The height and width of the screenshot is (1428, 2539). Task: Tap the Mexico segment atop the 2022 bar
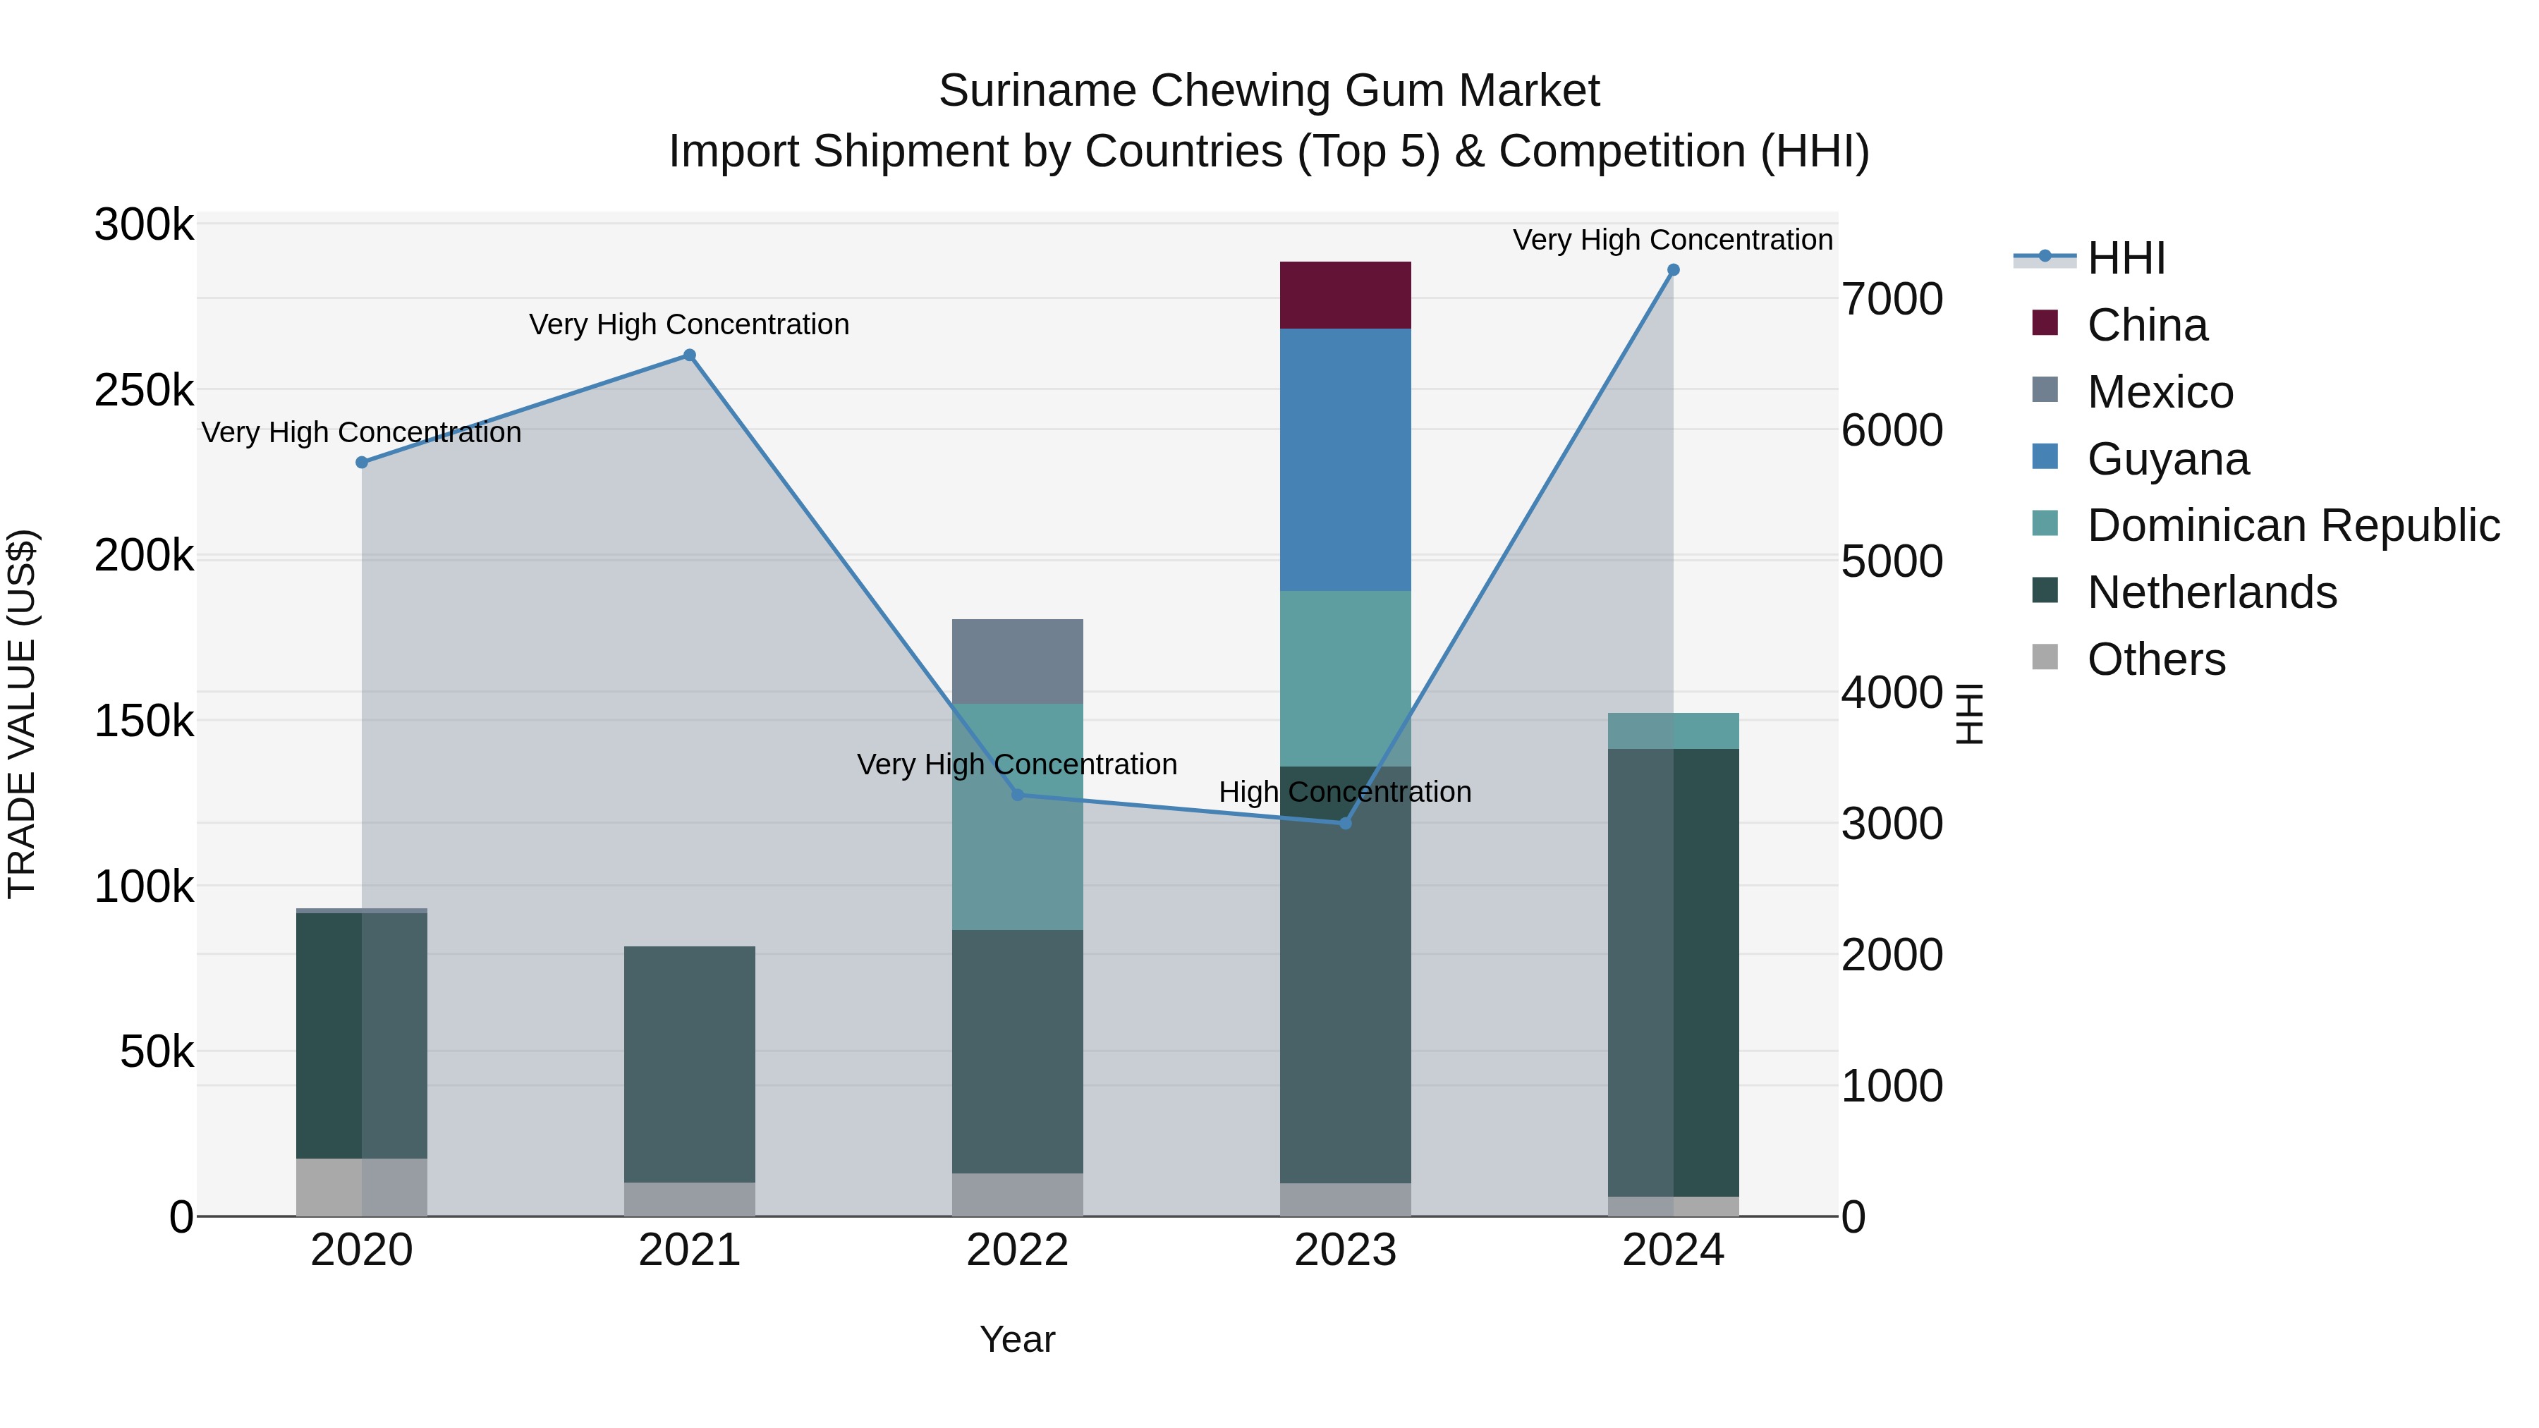[x=1017, y=661]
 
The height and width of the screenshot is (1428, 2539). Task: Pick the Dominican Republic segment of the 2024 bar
[x=1673, y=731]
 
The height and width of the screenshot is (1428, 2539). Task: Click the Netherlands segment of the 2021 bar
[x=689, y=1063]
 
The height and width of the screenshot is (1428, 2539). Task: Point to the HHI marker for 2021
[x=689, y=356]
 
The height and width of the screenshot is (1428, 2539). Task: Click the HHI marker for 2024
[x=1673, y=270]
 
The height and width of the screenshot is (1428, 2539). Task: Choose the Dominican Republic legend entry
[x=2293, y=525]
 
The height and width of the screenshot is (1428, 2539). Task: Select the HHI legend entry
[x=2126, y=258]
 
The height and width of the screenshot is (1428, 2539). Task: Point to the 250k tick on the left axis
[x=144, y=390]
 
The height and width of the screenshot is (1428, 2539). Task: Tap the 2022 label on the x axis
[x=1017, y=1250]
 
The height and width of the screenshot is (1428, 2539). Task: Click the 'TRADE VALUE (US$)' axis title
[x=22, y=714]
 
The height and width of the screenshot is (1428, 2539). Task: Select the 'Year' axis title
[x=1017, y=1339]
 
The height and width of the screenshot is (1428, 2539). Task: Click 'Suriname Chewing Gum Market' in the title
[x=1269, y=91]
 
